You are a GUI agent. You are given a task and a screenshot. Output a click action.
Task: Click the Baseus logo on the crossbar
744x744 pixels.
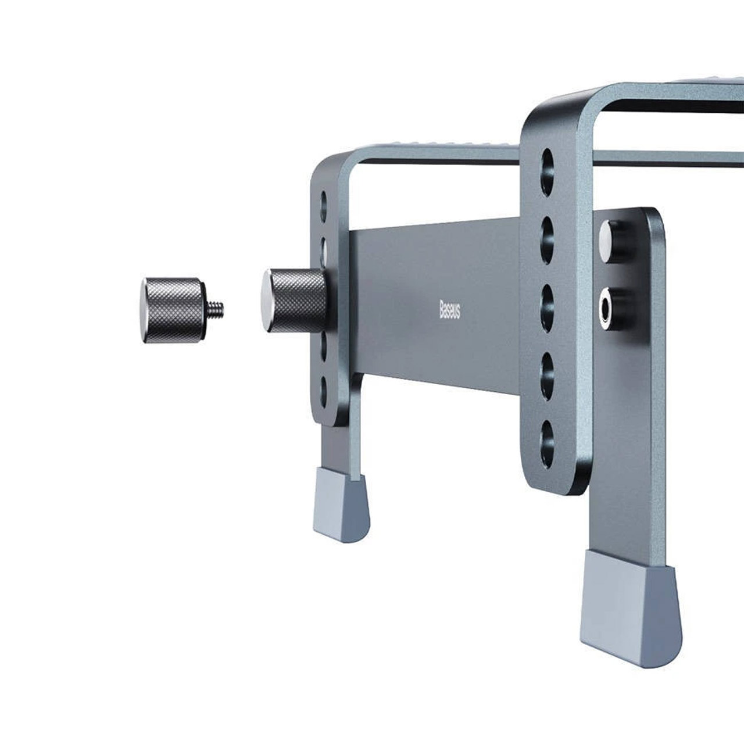click(x=450, y=310)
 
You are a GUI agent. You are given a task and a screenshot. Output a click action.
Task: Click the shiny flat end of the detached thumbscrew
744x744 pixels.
click(x=143, y=310)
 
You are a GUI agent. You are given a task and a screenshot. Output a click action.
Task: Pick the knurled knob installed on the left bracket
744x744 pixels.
click(x=295, y=301)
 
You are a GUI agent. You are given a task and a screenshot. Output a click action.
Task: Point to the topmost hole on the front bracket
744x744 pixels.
click(x=548, y=171)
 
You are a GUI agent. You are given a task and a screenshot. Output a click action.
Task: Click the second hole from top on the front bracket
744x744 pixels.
click(x=548, y=239)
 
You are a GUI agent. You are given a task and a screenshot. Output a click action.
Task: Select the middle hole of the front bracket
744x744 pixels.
click(x=548, y=308)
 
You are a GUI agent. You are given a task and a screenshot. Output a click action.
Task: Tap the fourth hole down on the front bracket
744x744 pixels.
click(x=548, y=377)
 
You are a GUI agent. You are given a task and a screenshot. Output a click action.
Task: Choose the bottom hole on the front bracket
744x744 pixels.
click(x=548, y=445)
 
